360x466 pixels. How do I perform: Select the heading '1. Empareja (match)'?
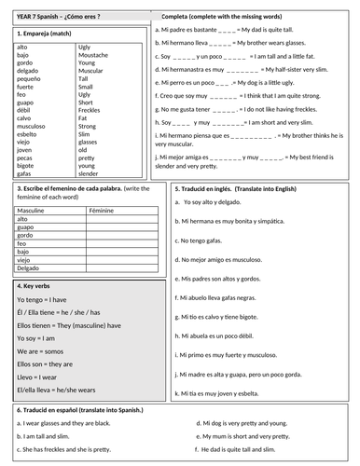tap(47, 34)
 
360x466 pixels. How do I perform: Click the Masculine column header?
tap(35, 211)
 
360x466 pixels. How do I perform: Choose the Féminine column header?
tap(102, 211)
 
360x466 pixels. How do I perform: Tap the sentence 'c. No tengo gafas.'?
tap(213, 241)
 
